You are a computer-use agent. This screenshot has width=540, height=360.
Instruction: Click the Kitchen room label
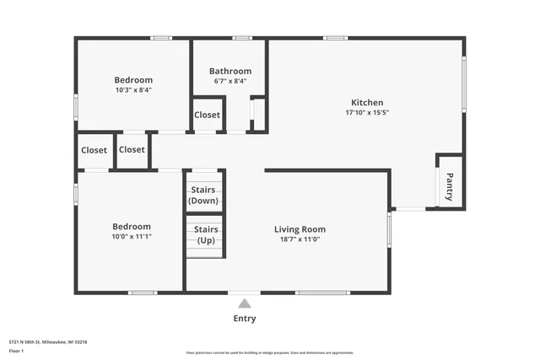[367, 101]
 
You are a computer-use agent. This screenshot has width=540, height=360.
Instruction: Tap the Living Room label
[300, 228]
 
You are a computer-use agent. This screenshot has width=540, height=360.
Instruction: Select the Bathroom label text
[230, 71]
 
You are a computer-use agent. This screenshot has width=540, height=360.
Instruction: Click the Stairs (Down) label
[203, 196]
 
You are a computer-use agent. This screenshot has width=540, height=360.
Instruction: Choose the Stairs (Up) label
[206, 234]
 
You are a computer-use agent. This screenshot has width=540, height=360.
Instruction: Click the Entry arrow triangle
[244, 304]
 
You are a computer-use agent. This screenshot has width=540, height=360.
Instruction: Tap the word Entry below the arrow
[244, 319]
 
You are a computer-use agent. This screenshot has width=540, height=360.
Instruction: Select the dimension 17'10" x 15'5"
[367, 112]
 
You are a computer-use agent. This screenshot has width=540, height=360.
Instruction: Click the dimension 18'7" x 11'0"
[300, 239]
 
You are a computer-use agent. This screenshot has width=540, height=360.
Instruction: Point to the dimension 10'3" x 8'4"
[133, 90]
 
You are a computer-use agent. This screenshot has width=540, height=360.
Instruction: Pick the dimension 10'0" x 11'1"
[132, 237]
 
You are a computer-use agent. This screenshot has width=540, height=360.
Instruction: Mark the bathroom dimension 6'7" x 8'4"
[230, 82]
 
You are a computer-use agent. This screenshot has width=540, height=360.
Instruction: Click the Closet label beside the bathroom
[207, 115]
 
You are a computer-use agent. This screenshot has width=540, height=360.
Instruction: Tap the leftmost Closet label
[94, 150]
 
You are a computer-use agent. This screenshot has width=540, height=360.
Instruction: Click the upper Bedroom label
[133, 80]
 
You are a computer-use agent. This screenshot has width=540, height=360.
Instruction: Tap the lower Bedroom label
[132, 226]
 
